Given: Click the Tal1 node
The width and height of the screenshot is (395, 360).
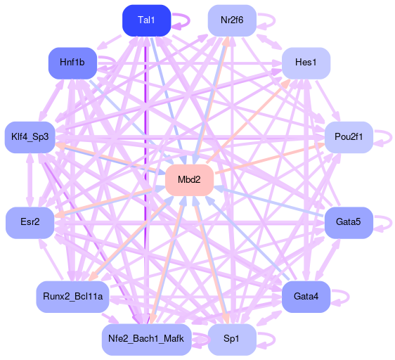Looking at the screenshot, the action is pos(147,20).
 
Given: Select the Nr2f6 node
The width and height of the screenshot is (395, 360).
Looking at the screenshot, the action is pos(232,20).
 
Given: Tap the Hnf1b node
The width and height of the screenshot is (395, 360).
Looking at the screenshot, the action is pos(72,63).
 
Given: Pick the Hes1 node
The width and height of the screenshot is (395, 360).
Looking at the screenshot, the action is pos(306,63).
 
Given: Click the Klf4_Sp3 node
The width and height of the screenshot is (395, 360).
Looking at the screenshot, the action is pos(30,137).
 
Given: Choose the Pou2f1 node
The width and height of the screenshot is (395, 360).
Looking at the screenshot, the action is pos(349,137).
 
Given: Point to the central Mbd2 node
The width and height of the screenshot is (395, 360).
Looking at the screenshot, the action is pos(190,180).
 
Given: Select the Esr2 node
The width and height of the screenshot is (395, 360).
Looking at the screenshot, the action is pos(30,223).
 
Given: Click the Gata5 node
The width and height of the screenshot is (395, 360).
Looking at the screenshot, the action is pos(349,223).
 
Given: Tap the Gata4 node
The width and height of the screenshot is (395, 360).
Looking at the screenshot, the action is pos(306,297).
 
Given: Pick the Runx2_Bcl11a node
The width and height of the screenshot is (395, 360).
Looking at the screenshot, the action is pos(72,297).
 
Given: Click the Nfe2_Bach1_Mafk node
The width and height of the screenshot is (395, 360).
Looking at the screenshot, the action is pos(147,340).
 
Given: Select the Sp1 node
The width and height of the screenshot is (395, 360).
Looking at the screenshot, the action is pos(232,340).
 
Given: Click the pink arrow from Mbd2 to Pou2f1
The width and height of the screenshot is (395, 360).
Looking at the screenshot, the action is pos(270,158).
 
